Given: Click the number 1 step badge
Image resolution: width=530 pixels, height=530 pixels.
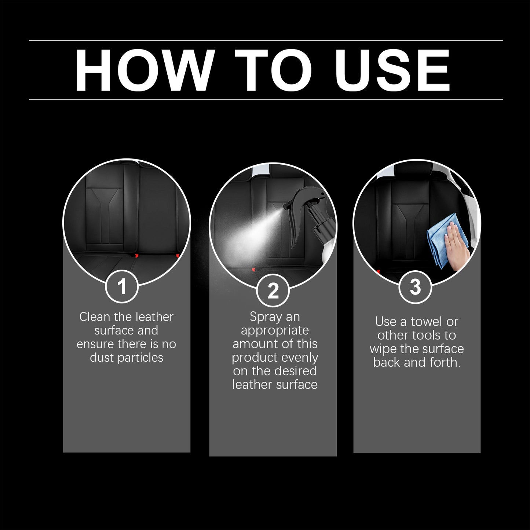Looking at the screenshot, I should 122,286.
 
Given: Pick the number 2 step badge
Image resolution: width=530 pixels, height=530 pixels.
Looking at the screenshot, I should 273,291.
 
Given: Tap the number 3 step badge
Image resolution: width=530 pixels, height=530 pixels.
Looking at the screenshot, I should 415,287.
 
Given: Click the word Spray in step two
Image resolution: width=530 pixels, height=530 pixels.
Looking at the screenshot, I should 264,317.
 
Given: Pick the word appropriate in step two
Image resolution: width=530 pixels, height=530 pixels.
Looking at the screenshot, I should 275,330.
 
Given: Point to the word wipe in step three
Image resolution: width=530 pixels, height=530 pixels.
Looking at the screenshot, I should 383,349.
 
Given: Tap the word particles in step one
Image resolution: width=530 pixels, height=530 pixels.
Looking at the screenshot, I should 140,358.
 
